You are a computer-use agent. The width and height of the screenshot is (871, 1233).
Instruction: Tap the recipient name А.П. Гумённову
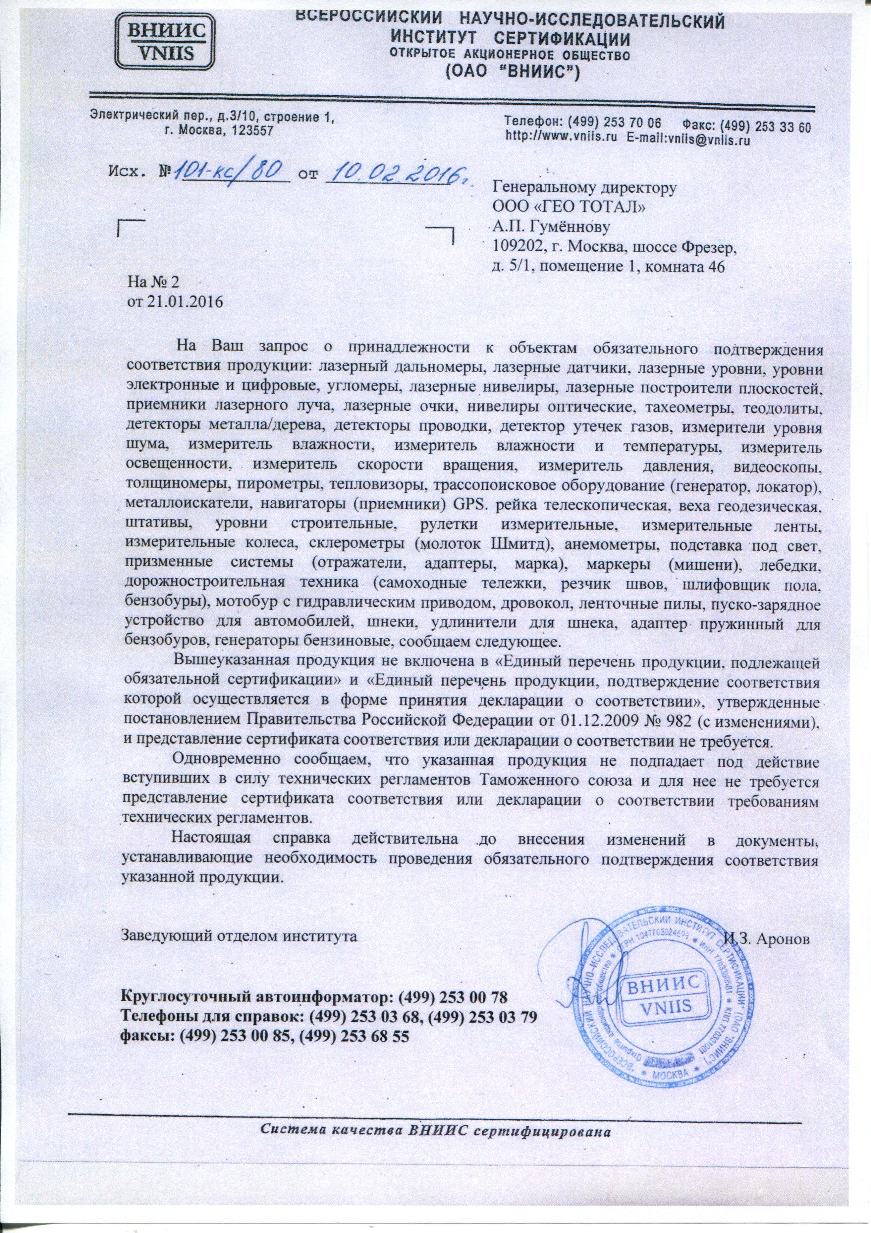[x=551, y=228]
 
